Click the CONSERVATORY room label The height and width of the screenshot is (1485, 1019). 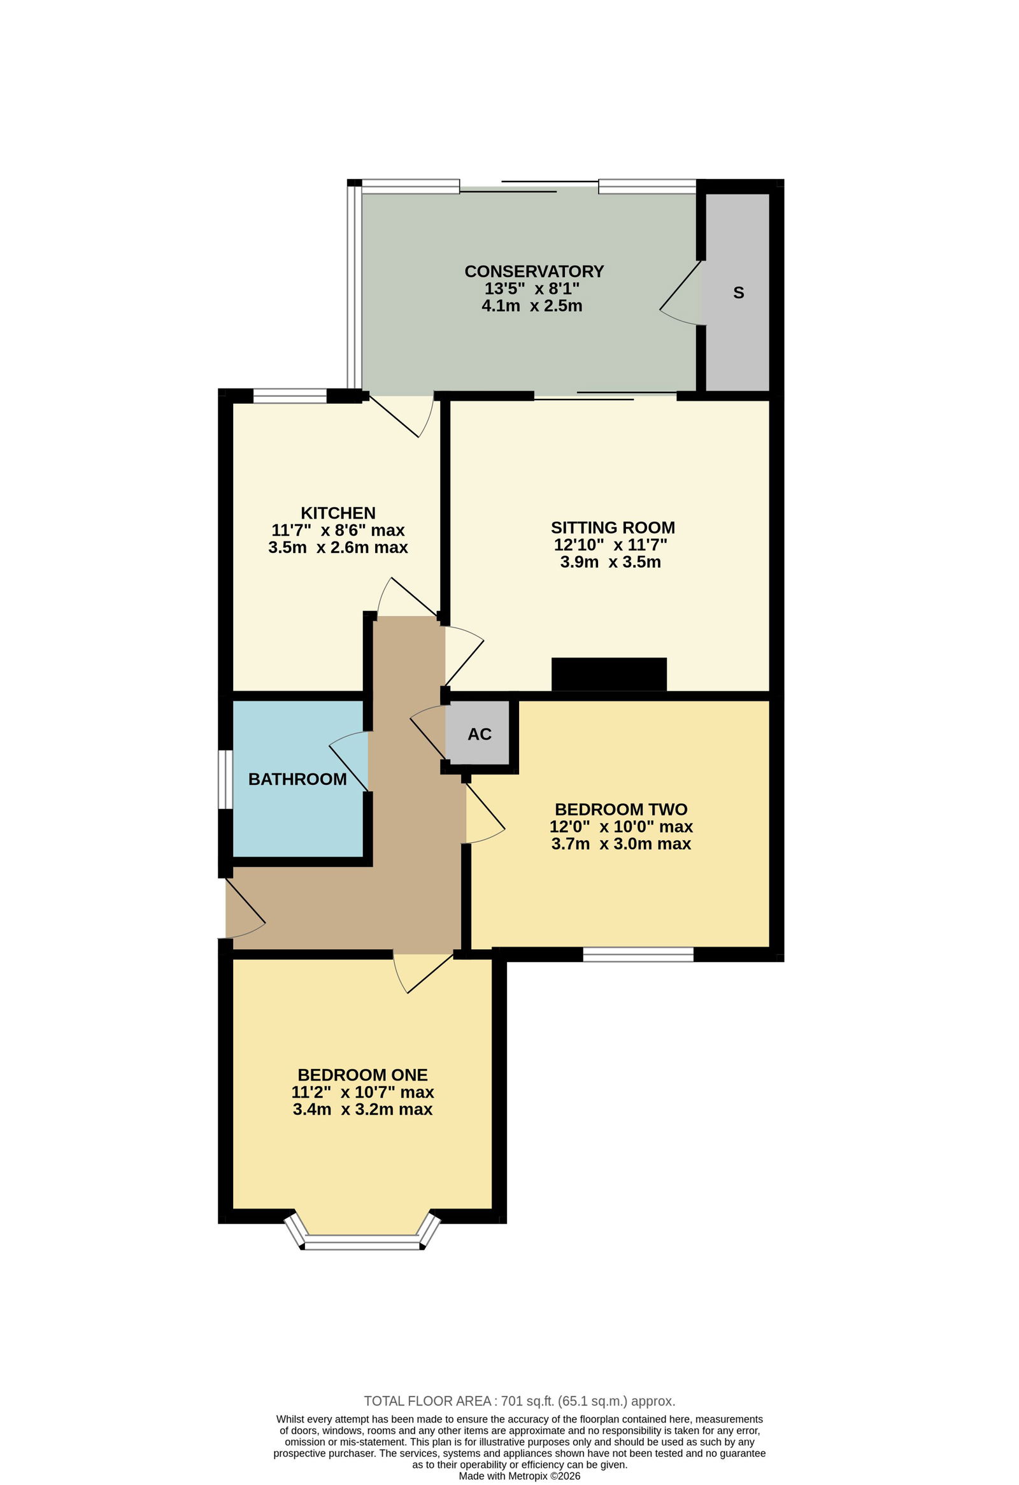tap(534, 271)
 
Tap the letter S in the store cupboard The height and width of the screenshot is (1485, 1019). tap(739, 292)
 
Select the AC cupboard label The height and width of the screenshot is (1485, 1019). tap(480, 734)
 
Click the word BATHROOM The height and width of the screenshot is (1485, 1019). tap(297, 779)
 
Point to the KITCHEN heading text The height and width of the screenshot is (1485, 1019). tap(338, 513)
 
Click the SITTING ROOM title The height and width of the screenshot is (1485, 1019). tap(613, 527)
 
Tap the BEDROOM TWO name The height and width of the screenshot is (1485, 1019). tap(621, 810)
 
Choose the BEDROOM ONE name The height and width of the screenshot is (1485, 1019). tap(363, 1075)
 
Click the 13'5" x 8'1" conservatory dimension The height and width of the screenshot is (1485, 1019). tap(532, 288)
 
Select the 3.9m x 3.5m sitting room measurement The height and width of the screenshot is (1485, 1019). tap(611, 563)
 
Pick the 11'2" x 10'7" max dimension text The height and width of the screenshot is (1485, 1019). tap(363, 1093)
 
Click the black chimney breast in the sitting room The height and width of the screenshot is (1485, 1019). tap(609, 674)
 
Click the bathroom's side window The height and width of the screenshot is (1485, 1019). tap(225, 779)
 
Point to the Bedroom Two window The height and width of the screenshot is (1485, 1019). tap(638, 954)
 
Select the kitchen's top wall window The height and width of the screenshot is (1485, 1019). tap(290, 396)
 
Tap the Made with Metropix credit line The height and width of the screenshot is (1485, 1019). tap(520, 1476)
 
